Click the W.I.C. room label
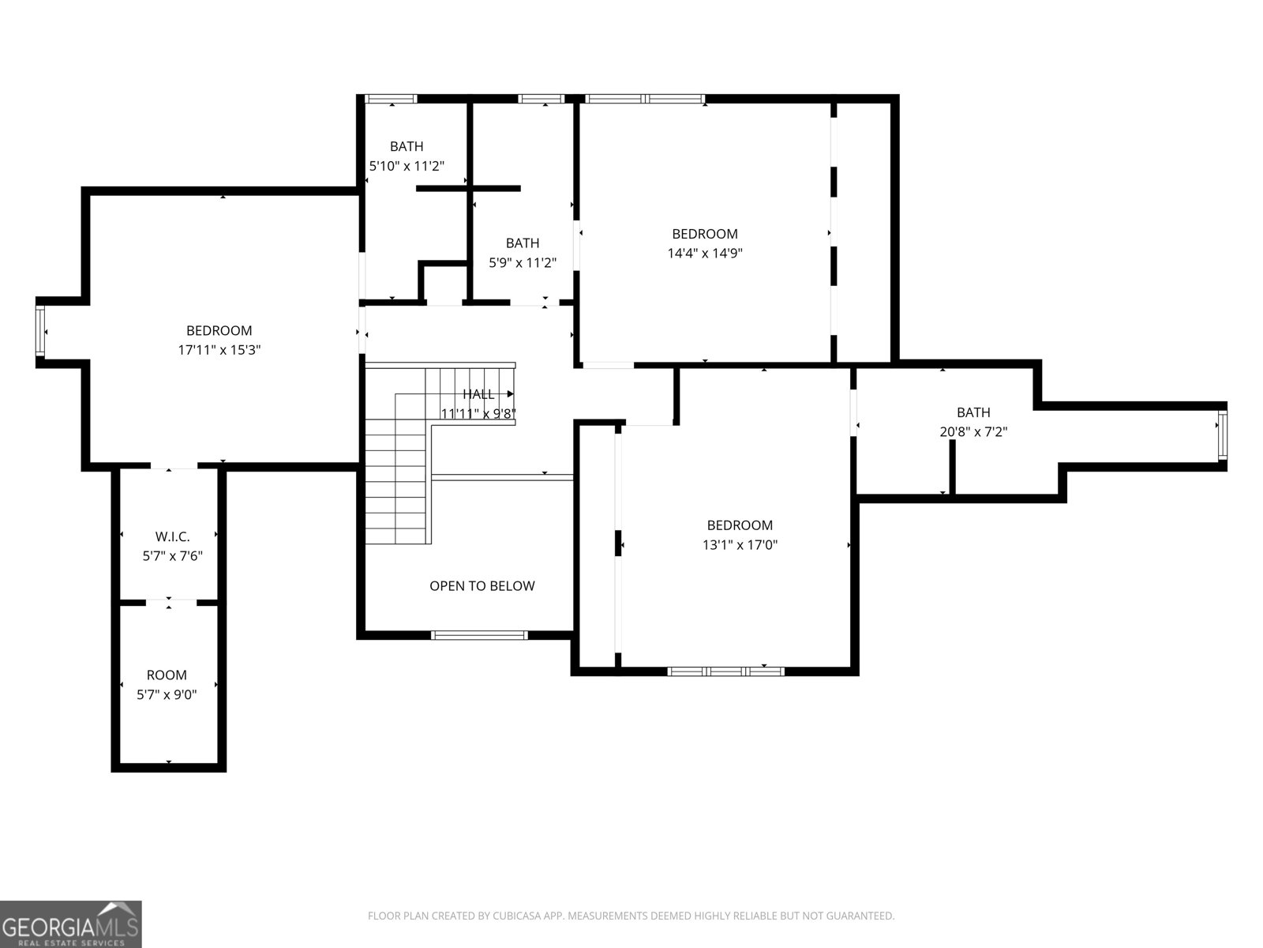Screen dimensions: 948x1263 click(172, 536)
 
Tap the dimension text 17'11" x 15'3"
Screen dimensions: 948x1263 click(219, 350)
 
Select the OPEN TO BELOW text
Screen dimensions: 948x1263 click(482, 586)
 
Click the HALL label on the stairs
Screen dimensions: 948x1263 click(478, 394)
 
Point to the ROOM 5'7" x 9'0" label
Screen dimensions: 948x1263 click(167, 675)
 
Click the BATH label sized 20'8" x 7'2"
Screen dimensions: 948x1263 click(973, 412)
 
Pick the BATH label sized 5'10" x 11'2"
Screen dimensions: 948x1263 click(407, 146)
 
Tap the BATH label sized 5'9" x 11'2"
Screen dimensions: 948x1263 click(523, 243)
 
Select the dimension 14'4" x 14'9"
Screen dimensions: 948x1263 click(705, 254)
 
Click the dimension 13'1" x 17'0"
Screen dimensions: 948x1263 click(740, 545)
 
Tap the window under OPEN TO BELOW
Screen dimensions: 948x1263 click(479, 634)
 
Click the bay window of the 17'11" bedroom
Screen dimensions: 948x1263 click(41, 333)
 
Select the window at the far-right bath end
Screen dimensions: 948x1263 click(1222, 435)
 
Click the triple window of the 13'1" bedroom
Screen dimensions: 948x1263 click(725, 671)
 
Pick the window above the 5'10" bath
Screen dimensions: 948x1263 click(392, 99)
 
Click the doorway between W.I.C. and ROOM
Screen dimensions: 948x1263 click(170, 603)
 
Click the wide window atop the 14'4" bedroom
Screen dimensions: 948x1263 click(645, 99)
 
